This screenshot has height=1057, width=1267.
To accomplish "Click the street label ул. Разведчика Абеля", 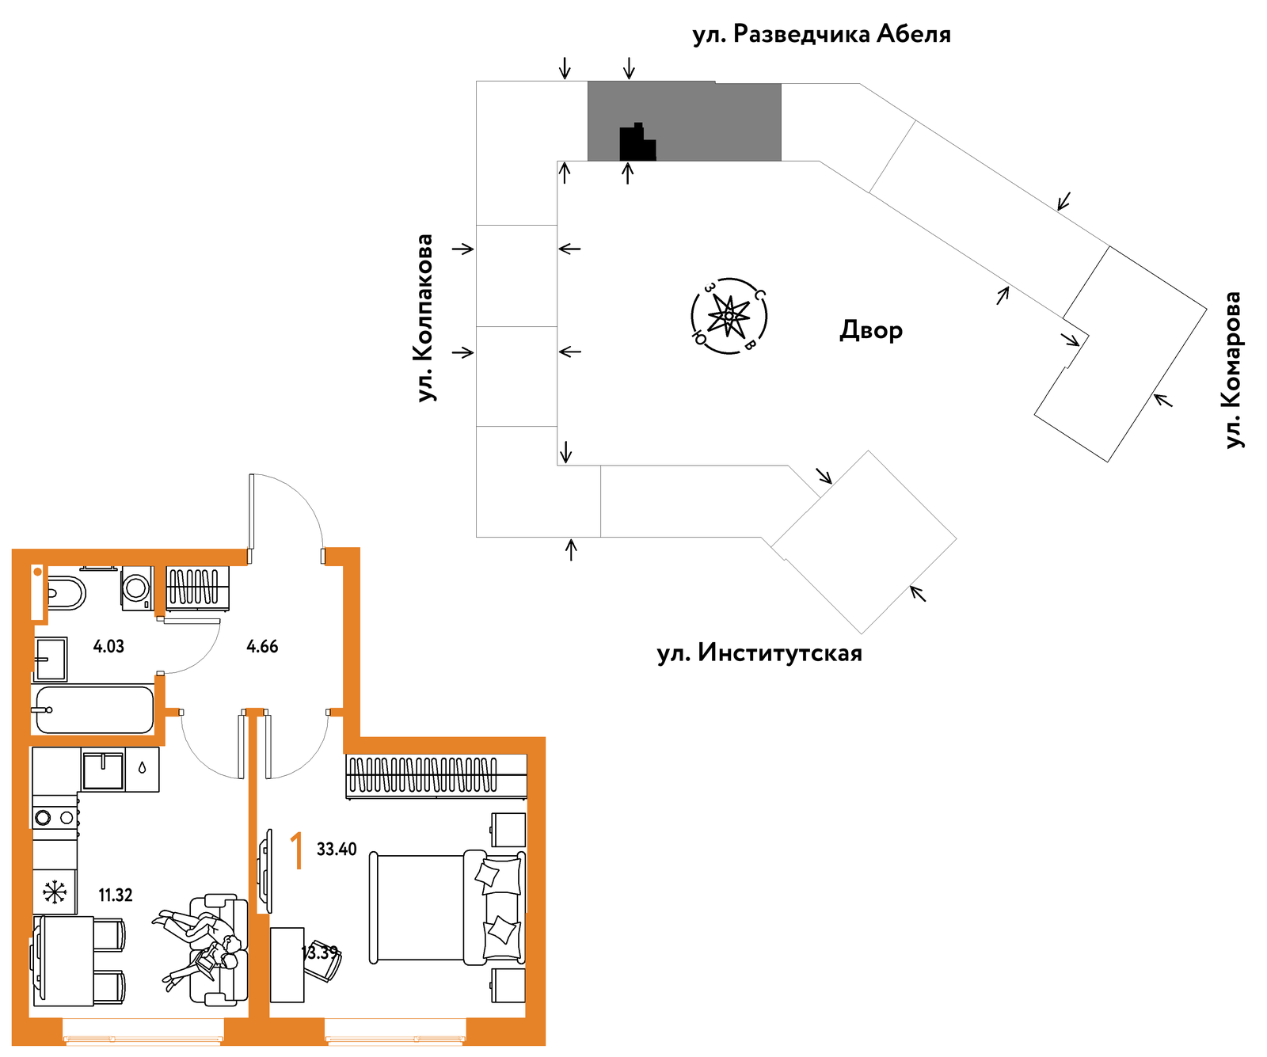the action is click(x=821, y=35).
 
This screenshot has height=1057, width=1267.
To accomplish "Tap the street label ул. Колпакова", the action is click(x=425, y=318).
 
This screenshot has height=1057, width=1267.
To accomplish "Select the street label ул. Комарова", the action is click(x=1233, y=370).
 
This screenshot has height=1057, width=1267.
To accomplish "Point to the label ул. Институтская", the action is click(x=759, y=654).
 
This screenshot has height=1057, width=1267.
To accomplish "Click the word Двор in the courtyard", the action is click(x=871, y=329).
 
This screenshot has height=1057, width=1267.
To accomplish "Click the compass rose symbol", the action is click(x=729, y=316).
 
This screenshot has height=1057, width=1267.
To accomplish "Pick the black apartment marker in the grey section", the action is click(x=637, y=143).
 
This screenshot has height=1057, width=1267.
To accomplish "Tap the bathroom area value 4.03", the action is click(x=108, y=646).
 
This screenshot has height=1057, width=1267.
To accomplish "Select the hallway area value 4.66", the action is click(x=262, y=646).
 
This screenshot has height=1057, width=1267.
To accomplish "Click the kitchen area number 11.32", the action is click(x=116, y=895).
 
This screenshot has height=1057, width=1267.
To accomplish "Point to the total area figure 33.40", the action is click(x=337, y=850).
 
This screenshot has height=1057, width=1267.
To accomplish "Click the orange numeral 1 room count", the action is click(x=297, y=851).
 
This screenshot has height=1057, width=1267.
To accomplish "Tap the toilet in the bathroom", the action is click(x=66, y=592).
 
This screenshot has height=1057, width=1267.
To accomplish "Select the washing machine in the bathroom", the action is click(x=137, y=588).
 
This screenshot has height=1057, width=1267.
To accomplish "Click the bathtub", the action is click(x=94, y=709).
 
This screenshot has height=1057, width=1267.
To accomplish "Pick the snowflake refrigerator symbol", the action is click(x=55, y=892).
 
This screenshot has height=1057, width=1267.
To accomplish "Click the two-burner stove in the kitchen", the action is click(x=55, y=817).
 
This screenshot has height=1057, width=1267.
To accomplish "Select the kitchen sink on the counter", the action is click(x=103, y=771).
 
